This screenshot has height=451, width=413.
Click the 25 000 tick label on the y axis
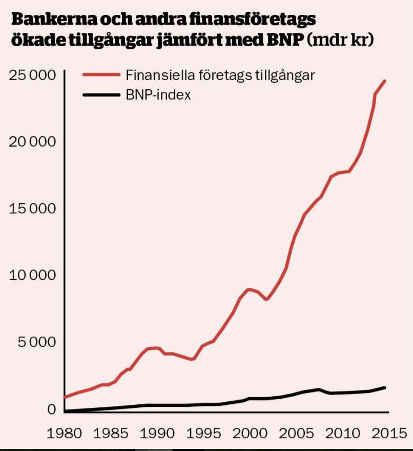[x=32, y=75]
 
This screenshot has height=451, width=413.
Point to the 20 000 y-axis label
[x=32, y=142]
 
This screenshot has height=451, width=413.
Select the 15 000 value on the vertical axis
[x=32, y=209]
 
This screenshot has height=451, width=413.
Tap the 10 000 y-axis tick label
[x=32, y=276]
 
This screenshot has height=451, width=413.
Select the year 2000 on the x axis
[x=249, y=433]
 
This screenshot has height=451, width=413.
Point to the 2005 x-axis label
[x=296, y=433]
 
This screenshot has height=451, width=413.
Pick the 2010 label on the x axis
[x=341, y=433]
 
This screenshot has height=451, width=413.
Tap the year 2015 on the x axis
[x=385, y=433]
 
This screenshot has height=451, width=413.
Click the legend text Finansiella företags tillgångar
[x=220, y=75]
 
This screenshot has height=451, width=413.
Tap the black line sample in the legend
[x=100, y=94]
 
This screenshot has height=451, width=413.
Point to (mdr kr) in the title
[x=339, y=40]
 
